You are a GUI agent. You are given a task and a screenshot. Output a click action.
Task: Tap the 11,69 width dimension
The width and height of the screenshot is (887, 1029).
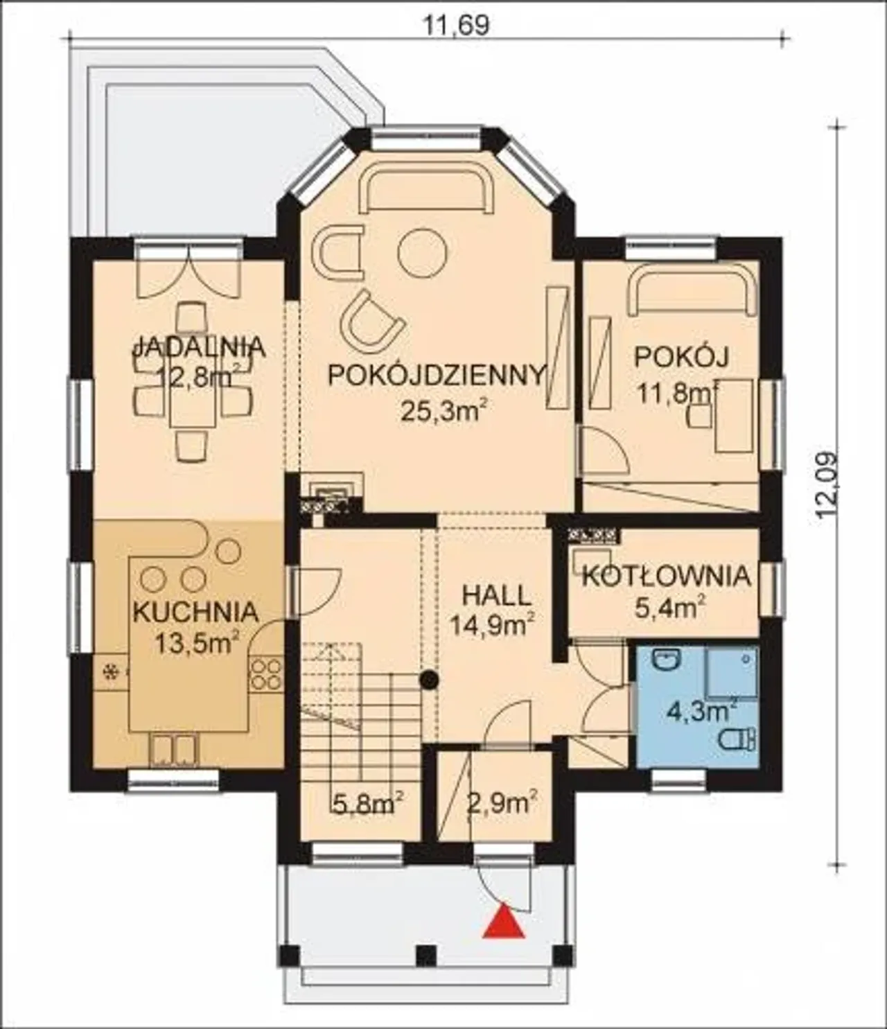click(457, 26)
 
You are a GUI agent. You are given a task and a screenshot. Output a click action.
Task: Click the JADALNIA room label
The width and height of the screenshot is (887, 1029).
click(199, 347)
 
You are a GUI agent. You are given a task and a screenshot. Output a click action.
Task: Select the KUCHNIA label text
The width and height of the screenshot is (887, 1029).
click(195, 612)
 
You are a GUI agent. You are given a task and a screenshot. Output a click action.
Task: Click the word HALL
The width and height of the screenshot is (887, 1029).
click(494, 596)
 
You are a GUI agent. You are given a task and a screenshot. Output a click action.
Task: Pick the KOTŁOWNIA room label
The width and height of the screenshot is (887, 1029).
click(666, 576)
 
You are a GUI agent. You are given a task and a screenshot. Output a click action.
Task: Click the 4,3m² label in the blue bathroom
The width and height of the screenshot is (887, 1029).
click(701, 712)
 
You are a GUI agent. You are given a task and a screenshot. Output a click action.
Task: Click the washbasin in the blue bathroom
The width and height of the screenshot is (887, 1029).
click(667, 660)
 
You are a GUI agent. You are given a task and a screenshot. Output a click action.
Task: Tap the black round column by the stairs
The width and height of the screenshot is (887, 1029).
click(429, 679)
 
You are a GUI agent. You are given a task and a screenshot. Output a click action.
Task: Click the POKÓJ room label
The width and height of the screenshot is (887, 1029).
click(681, 356)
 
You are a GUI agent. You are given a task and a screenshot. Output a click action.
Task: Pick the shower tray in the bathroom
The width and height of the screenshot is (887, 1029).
click(732, 671)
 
